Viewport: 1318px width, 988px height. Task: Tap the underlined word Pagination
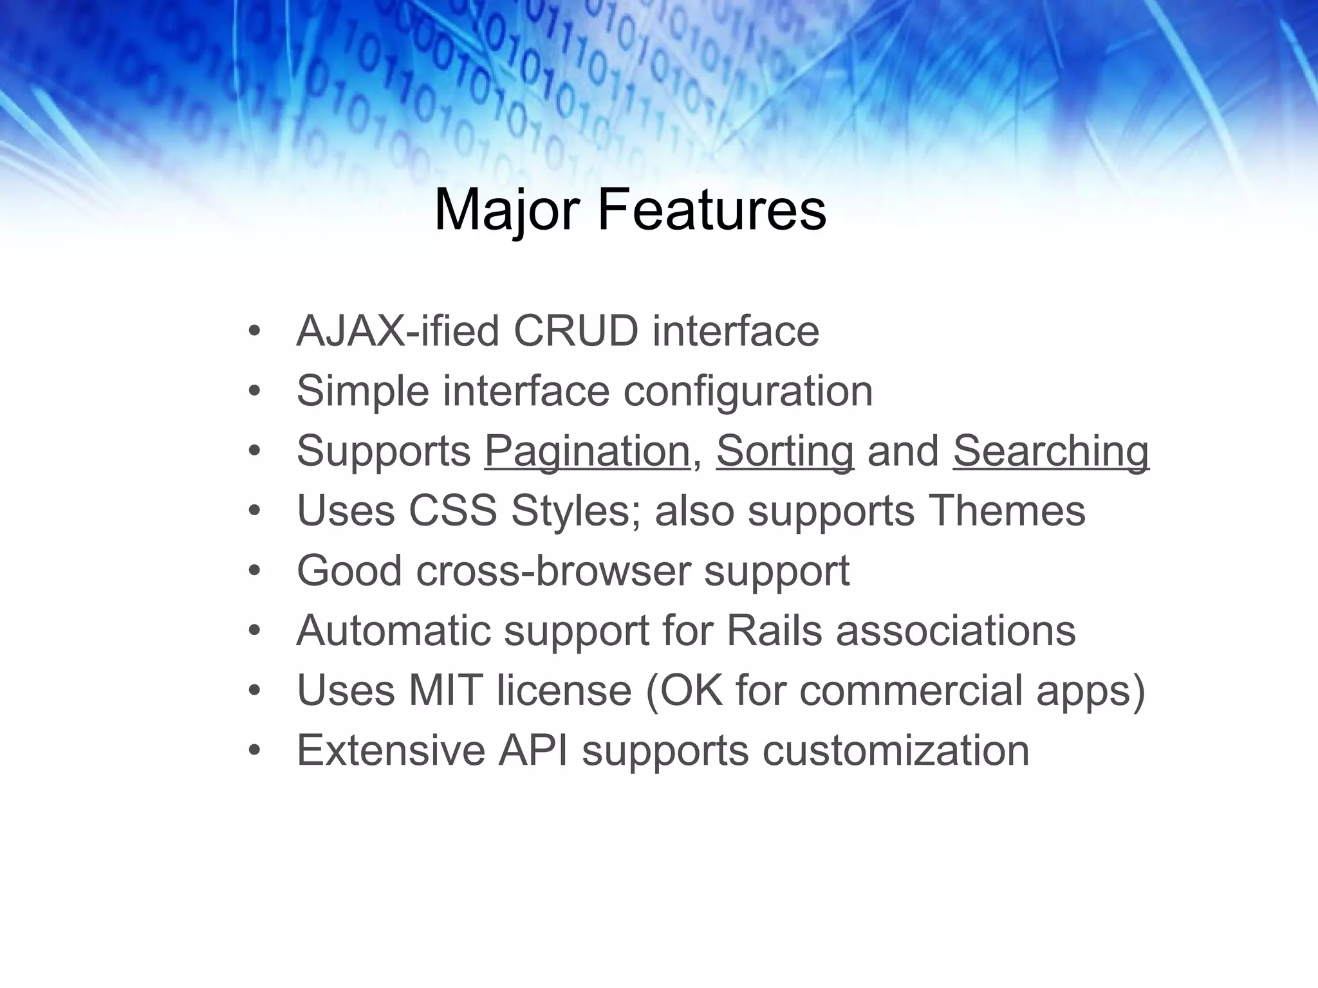[x=587, y=452]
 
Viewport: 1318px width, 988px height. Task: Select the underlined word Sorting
[x=784, y=452]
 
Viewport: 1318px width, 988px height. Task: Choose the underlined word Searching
[x=1050, y=452]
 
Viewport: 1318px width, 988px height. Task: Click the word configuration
[x=748, y=391]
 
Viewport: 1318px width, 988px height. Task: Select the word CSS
[x=452, y=511]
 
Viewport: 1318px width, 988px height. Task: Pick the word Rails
[x=774, y=630]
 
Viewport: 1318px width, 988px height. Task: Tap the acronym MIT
[x=445, y=690]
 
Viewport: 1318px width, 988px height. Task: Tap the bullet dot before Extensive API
[x=255, y=751]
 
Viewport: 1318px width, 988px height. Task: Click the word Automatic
[x=393, y=630]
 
